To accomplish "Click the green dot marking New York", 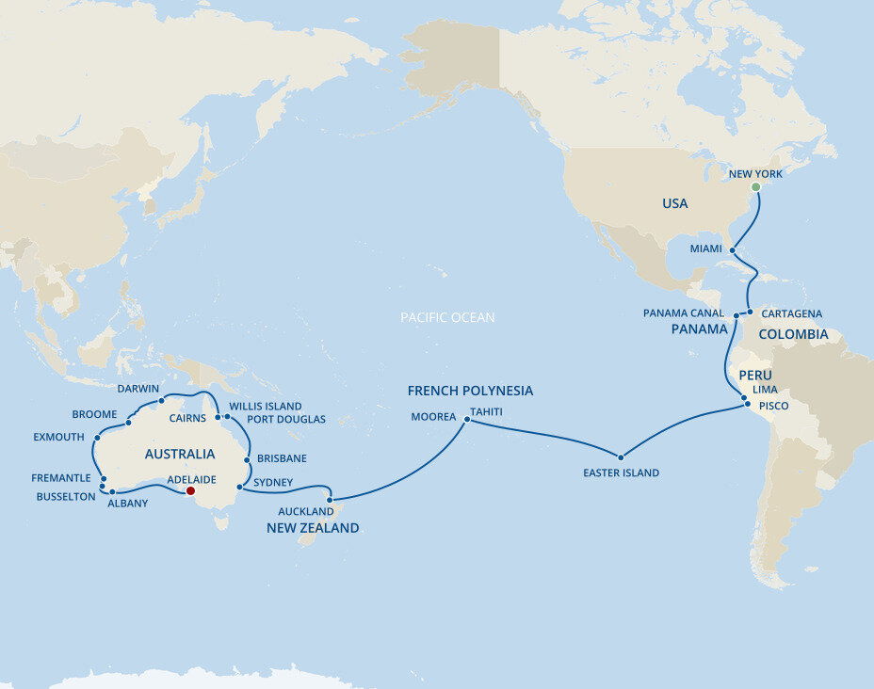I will pos(755,187).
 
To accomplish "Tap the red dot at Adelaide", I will pos(190,490).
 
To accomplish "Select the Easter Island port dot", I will pos(621,457).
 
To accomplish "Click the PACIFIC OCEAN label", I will pos(447,318).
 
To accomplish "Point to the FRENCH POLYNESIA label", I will pos(470,391).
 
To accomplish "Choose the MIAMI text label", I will pos(706,248).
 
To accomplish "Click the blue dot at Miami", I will pos(732,249).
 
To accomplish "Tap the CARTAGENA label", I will pos(791,313).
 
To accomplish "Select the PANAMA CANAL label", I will pos(684,313).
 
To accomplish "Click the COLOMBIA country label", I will pos(793,334).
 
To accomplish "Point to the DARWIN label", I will pos(138,388).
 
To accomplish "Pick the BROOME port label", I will pos(94,414).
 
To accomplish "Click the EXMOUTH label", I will pos(58,437).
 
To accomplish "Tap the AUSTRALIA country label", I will pos(180,455).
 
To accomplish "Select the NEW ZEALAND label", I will pos(313,528).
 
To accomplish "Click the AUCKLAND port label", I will pos(305,511).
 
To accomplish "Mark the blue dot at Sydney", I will pos(240,488).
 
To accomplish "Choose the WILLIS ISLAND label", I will pos(266,407).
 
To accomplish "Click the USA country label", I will pos(674,203).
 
